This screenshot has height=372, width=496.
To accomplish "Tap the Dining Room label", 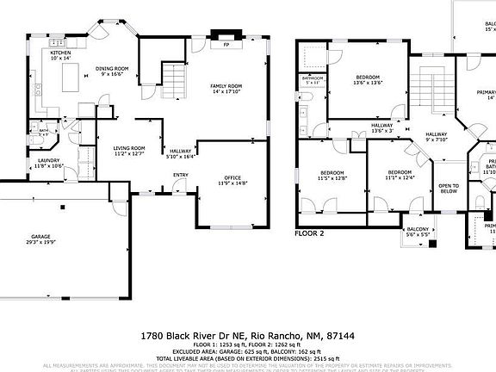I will (x=112, y=71).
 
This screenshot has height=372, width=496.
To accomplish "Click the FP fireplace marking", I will (x=226, y=44).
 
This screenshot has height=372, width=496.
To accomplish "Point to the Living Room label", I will (x=129, y=152).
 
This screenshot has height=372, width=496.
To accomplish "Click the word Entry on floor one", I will (x=181, y=176).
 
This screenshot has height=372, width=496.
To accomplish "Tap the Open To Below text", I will (x=449, y=189).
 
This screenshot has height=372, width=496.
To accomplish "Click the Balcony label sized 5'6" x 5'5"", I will (x=418, y=230).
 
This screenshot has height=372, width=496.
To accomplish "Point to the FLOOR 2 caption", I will (x=309, y=233).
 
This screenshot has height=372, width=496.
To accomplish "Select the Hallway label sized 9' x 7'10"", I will (x=437, y=138).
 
